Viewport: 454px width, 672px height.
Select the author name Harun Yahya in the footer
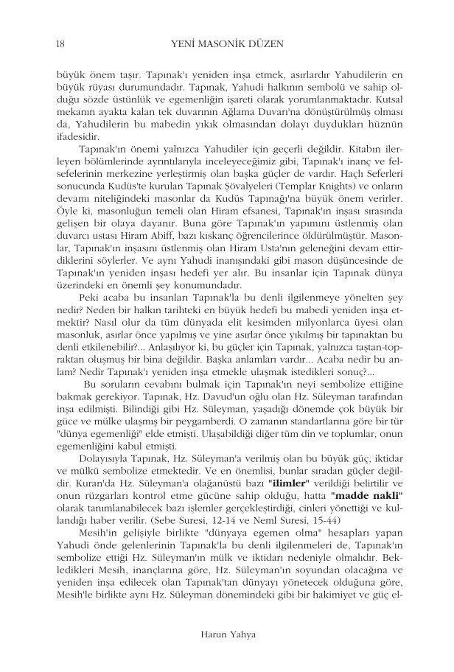(226, 632)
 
